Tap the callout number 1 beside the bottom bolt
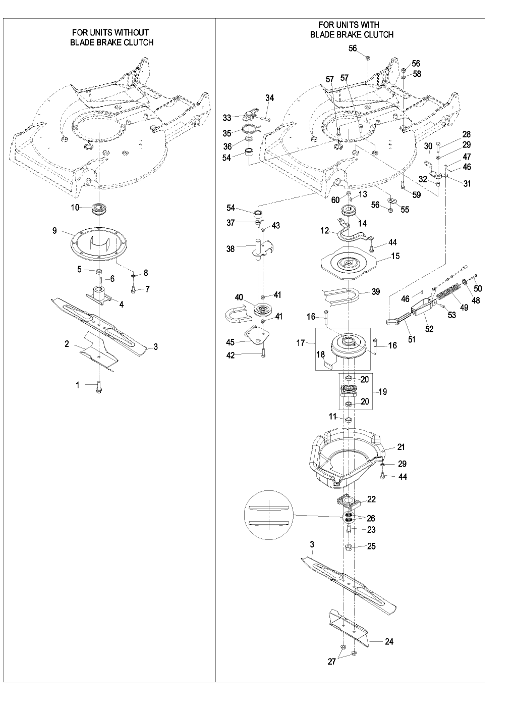[x=78, y=385]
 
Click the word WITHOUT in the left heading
[x=131, y=33]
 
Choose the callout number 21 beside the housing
[x=401, y=447]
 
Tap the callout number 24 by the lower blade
[x=389, y=642]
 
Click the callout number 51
[x=412, y=340]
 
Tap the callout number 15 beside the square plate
[x=395, y=256]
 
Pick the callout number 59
[x=417, y=194]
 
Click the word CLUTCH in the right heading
[x=377, y=35]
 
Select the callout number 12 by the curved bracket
[x=325, y=230]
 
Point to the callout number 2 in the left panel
[x=67, y=344]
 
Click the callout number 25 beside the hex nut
[x=372, y=546]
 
